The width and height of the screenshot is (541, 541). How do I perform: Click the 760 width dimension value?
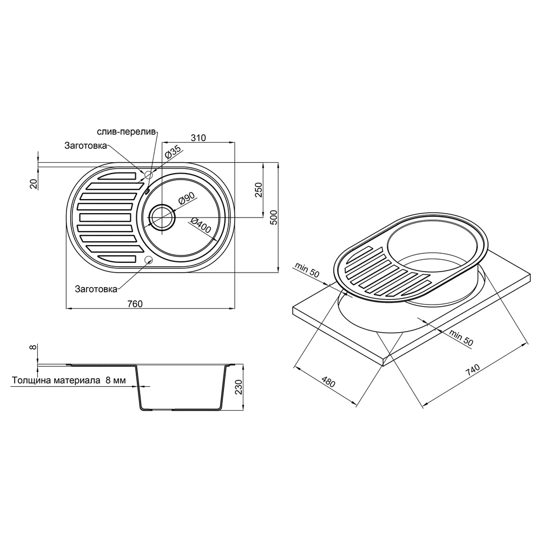135,304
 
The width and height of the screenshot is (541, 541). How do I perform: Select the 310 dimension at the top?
199,138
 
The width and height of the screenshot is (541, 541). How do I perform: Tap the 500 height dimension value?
274,217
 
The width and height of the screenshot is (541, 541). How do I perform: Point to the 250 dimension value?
259,190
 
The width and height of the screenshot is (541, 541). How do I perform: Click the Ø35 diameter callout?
173,152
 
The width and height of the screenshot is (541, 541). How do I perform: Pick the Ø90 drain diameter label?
187,199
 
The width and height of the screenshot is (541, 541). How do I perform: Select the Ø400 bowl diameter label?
201,225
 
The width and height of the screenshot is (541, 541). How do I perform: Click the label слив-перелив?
127,132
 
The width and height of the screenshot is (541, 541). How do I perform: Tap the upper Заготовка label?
85,146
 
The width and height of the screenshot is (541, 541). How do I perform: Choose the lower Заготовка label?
96,289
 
